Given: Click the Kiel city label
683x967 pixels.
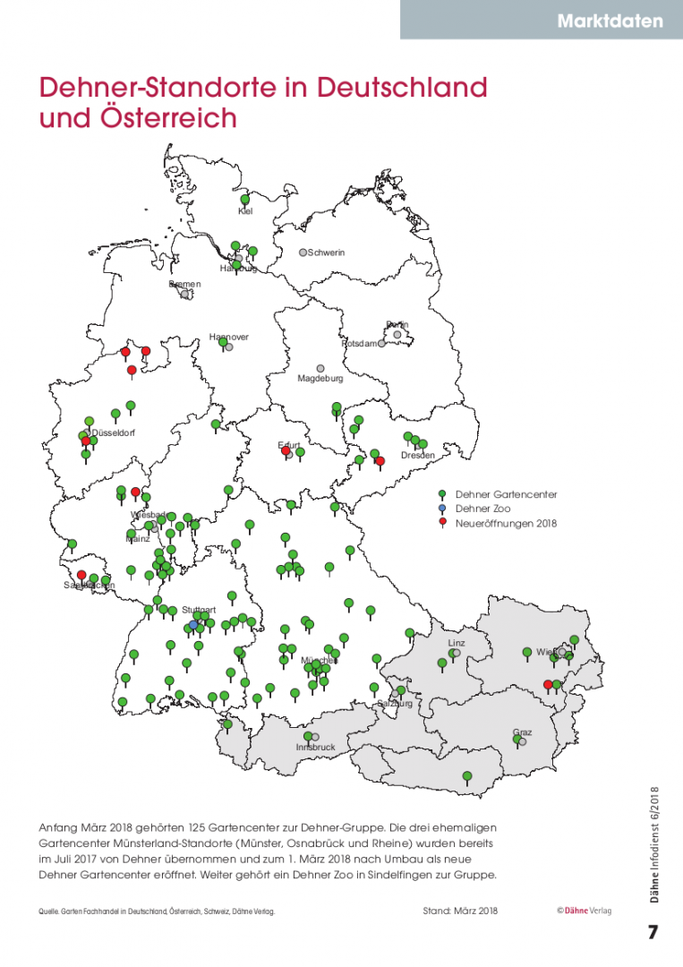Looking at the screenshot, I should click(x=245, y=211).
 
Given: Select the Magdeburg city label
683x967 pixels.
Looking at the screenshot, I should click(x=320, y=379).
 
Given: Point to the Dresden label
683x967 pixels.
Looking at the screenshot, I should click(x=417, y=456).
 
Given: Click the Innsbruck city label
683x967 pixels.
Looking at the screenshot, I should click(x=315, y=747).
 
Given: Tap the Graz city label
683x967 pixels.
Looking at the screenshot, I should click(x=522, y=732).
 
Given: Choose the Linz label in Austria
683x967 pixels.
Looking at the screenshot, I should click(x=457, y=643).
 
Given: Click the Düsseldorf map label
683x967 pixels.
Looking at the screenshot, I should click(x=114, y=434).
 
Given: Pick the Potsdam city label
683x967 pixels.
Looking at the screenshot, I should click(x=359, y=344).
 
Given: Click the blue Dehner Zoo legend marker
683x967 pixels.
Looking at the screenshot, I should click(x=442, y=508).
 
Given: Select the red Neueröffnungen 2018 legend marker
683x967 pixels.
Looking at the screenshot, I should click(x=442, y=522).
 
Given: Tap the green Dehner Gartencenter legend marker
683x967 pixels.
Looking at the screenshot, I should click(x=442, y=493).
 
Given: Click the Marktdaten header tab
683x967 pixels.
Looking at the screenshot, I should click(x=610, y=21).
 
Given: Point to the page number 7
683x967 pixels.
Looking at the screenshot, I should click(x=653, y=932).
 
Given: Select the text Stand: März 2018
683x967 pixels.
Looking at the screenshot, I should click(x=459, y=911).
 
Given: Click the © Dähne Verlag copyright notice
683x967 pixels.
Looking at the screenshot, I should click(x=584, y=911).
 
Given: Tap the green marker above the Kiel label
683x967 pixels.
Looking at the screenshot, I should click(x=245, y=199).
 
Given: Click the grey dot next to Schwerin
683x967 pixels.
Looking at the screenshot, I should click(x=303, y=252).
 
